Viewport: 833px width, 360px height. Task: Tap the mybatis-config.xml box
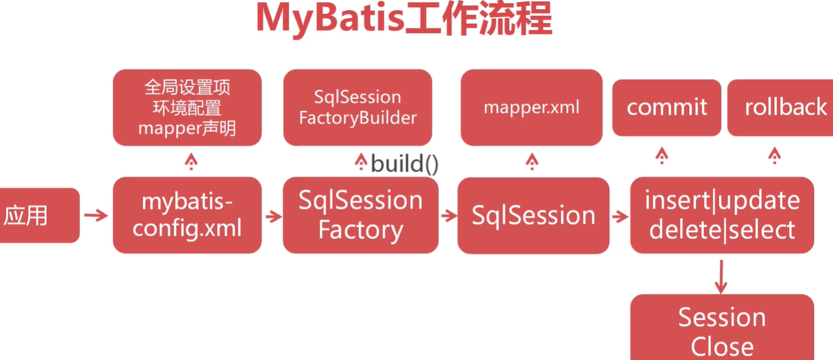187,215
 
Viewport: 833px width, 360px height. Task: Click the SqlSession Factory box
361,215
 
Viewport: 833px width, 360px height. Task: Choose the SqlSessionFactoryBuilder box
358,107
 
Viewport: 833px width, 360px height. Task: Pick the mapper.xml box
532,107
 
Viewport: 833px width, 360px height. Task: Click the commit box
667,107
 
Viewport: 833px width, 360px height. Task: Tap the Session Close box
722,330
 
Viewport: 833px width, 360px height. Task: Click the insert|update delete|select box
722,215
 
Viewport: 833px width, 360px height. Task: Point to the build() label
404,164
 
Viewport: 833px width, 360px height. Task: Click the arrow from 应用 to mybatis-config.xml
96,215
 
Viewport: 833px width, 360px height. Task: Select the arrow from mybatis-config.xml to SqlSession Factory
273,216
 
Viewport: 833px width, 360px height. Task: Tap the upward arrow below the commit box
662,156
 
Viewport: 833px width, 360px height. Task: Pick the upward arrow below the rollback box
774,156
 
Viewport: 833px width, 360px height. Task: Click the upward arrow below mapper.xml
532,161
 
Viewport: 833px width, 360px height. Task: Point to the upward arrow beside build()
361,161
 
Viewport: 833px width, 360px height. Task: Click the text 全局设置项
187,88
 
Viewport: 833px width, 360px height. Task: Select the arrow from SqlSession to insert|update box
620,216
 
